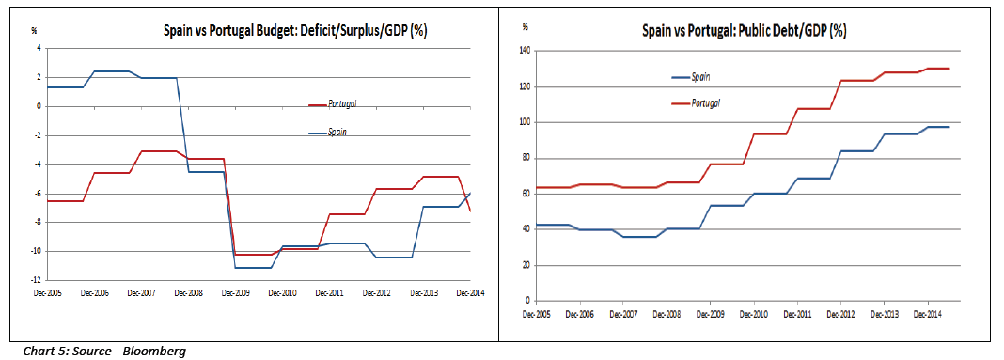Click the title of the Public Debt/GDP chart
744,30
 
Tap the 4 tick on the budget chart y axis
38,48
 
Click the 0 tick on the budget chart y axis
38,106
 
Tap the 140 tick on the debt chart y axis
525,51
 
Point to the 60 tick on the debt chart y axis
526,194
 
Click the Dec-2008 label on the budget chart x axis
188,293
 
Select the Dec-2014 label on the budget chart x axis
469,293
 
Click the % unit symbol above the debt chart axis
525,26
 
